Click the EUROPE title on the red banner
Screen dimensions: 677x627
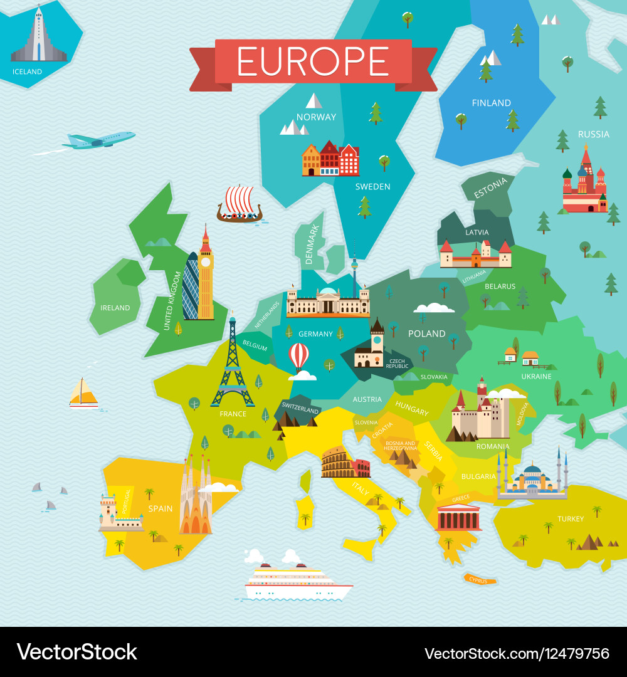(313, 61)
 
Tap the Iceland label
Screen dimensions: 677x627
(27, 71)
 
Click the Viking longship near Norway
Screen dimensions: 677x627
(239, 205)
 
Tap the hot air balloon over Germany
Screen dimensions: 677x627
(298, 356)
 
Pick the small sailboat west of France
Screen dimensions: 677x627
(83, 393)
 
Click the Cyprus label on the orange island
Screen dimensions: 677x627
(478, 580)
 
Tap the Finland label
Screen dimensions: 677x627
(491, 103)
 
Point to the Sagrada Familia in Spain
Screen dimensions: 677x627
(196, 498)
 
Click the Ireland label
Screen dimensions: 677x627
(115, 308)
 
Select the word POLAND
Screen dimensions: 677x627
(426, 333)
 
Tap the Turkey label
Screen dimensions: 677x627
(571, 519)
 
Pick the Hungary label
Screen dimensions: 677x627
(412, 410)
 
